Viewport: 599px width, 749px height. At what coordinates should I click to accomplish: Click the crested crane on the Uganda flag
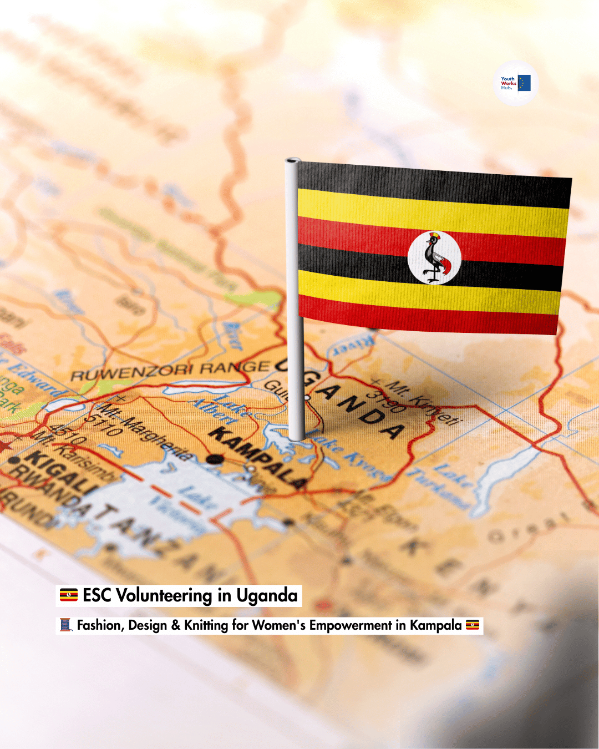pos(434,257)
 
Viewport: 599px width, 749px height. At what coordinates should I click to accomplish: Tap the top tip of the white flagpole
pos(293,161)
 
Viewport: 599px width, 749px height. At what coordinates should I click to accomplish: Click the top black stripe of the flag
pos(433,183)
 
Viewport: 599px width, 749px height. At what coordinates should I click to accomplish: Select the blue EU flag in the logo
pos(524,83)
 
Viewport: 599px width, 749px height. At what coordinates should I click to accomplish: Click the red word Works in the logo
pos(508,83)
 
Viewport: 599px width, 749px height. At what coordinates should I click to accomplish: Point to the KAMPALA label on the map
pos(258,458)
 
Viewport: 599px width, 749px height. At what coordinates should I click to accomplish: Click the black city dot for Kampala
pos(215,459)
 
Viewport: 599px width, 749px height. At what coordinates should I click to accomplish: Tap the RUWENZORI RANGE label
pos(169,371)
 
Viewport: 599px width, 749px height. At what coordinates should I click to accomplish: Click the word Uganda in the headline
pos(267,595)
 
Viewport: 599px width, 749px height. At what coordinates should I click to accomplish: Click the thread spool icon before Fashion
pos(66,625)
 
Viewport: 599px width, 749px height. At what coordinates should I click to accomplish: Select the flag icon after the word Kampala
pos(473,625)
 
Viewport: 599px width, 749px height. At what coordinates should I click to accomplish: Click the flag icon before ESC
pos(69,595)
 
